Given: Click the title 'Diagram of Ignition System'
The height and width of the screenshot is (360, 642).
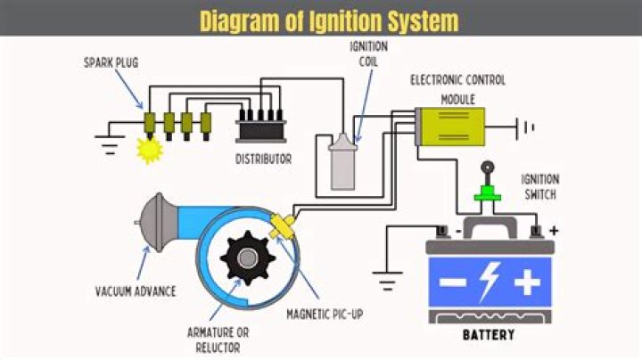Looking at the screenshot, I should [329, 20].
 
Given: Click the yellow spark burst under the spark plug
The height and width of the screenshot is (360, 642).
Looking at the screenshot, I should [147, 150].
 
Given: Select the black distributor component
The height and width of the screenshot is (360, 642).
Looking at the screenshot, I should [261, 127].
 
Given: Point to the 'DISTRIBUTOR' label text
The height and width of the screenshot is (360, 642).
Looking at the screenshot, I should [263, 160].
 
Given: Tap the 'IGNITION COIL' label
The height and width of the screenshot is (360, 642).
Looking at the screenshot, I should [361, 55].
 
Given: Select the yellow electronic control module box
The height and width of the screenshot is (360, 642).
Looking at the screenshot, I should [450, 126].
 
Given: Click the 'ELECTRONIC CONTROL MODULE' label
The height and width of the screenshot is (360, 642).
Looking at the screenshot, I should [457, 88].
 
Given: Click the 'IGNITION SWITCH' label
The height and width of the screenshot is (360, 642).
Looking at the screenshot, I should [539, 185].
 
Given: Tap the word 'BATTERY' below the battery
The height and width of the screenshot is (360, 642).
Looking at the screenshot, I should [490, 335].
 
